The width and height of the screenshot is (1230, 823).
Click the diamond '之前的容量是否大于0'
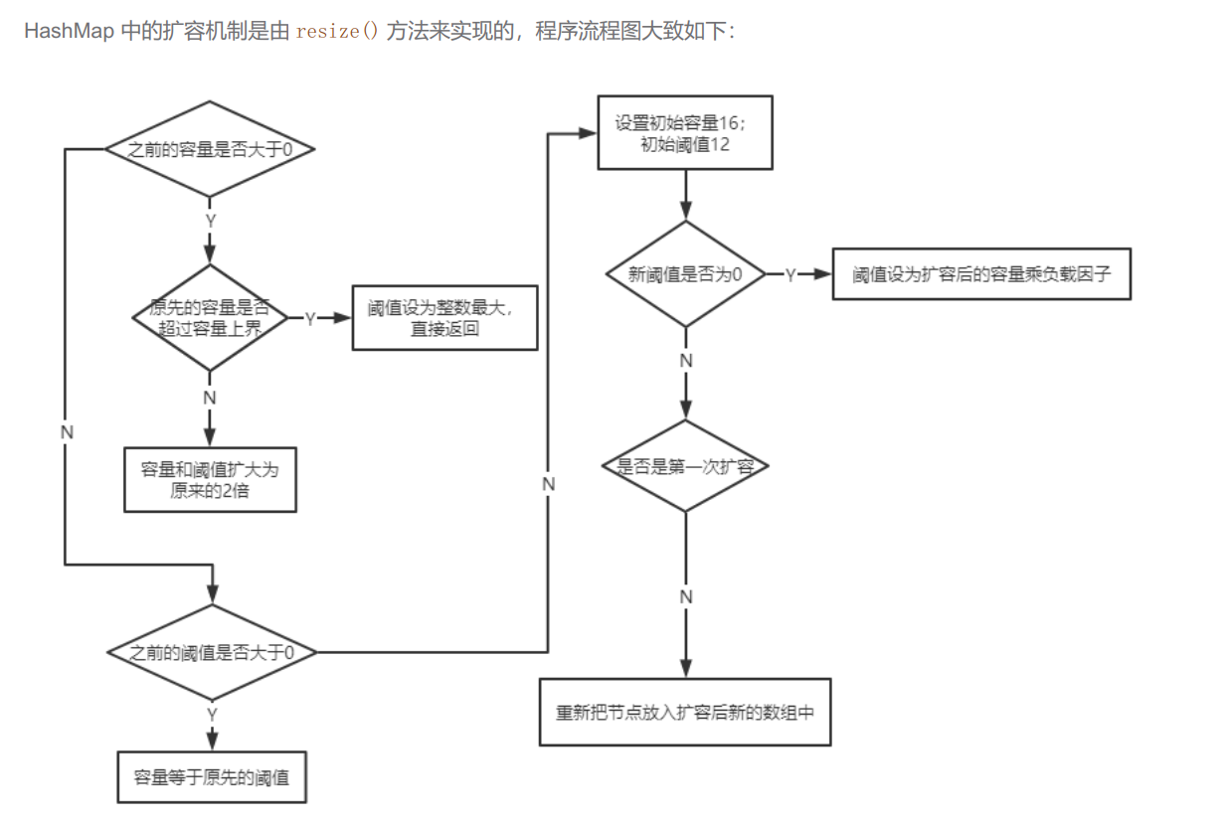pyautogui.click(x=210, y=149)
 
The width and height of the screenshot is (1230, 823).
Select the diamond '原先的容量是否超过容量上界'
pyautogui.click(x=210, y=318)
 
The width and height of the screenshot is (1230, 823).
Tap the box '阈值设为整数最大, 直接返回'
pyautogui.click(x=444, y=318)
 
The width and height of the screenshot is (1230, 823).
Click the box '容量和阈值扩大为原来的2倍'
pyautogui.click(x=210, y=479)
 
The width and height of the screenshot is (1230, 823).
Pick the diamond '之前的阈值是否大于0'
pyautogui.click(x=212, y=652)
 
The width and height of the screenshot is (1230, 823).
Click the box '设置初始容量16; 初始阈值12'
pyautogui.click(x=684, y=133)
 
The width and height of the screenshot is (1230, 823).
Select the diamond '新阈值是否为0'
pyautogui.click(x=684, y=274)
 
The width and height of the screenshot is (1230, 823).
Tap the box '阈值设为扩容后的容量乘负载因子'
pyautogui.click(x=980, y=274)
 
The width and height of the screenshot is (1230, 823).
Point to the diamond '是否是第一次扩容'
pyautogui.click(x=684, y=465)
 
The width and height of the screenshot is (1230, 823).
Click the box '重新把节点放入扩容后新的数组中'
pyautogui.click(x=684, y=712)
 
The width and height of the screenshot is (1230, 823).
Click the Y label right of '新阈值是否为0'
pyautogui.click(x=791, y=275)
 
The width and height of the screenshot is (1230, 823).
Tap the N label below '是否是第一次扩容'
pyautogui.click(x=685, y=596)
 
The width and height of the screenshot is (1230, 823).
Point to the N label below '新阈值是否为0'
pyautogui.click(x=685, y=361)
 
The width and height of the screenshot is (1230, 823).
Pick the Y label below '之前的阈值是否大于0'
pyautogui.click(x=212, y=715)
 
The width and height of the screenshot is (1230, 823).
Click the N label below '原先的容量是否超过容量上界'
pyautogui.click(x=210, y=397)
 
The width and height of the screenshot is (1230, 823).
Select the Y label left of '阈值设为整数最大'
pyautogui.click(x=310, y=319)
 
